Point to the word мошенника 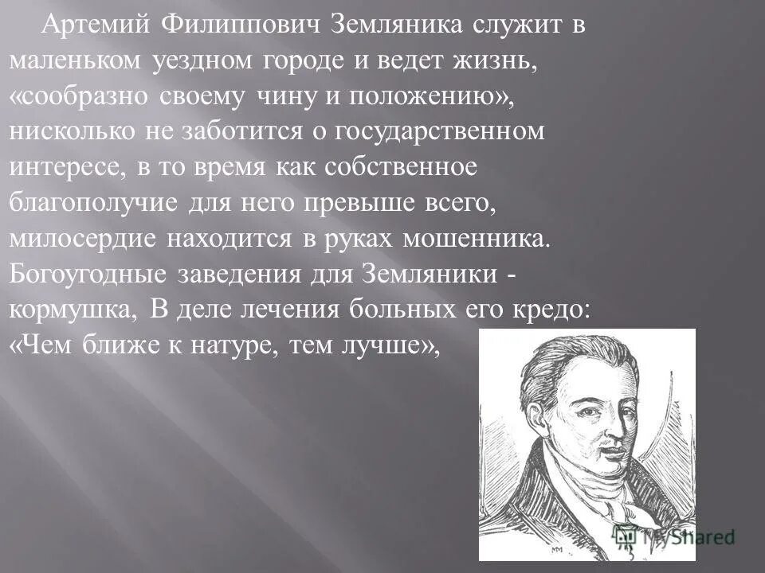point(471,240)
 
